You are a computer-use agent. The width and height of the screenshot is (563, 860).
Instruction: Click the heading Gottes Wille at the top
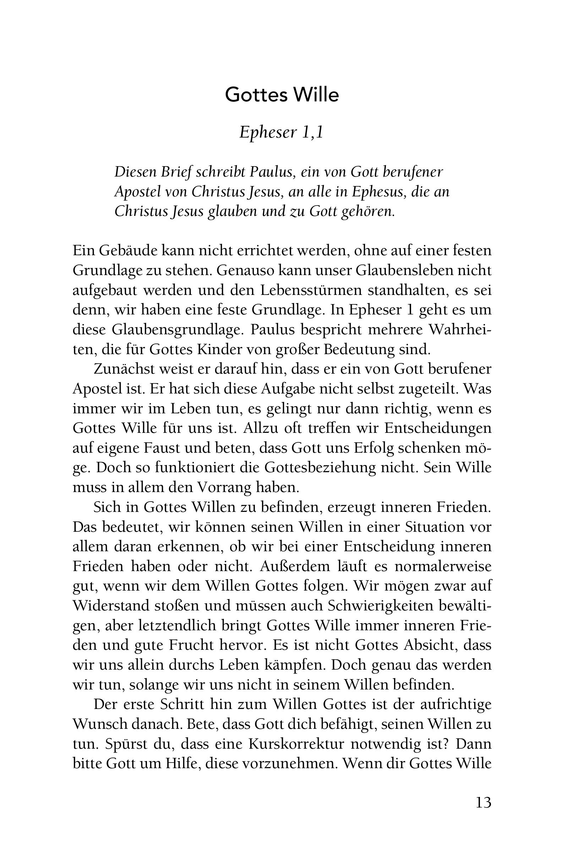pos(281,95)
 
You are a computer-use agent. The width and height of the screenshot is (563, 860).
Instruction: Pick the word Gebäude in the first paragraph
pos(126,251)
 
